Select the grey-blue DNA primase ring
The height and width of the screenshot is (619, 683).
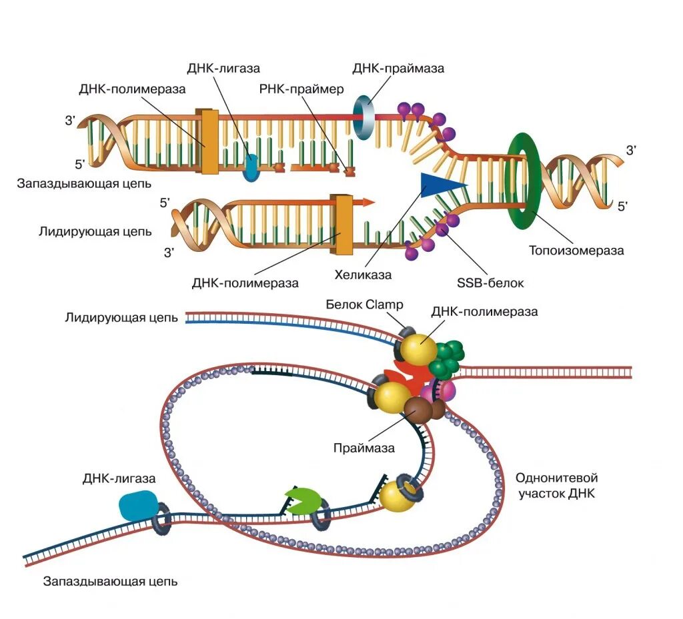tap(364, 117)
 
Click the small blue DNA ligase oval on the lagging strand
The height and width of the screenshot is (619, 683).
tap(251, 168)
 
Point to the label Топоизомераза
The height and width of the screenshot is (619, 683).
tap(576, 251)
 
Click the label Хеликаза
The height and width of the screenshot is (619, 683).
tap(363, 275)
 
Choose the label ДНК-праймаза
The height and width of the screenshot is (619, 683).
tap(398, 68)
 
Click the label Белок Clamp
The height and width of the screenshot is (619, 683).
tap(365, 305)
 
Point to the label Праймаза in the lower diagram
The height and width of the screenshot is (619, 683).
tap(364, 448)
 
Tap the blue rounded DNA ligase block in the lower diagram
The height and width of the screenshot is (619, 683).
tap(138, 506)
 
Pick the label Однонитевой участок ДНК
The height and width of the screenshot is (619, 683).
tap(557, 486)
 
